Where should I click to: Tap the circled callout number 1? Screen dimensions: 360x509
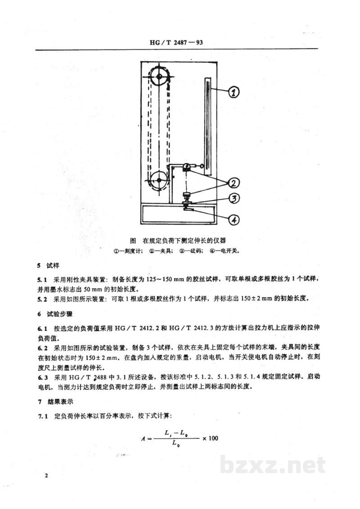(234, 92)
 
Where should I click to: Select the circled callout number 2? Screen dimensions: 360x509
(234, 184)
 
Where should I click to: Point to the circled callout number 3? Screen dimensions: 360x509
(234, 198)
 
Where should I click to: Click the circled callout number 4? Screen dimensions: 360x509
(234, 220)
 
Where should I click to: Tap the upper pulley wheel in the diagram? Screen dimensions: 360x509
(159, 77)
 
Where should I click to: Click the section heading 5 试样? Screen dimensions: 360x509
(48, 266)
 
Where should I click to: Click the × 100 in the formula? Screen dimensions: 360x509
(210, 438)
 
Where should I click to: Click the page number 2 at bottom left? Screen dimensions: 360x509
(46, 476)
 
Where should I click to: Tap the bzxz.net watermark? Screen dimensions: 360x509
(272, 465)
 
